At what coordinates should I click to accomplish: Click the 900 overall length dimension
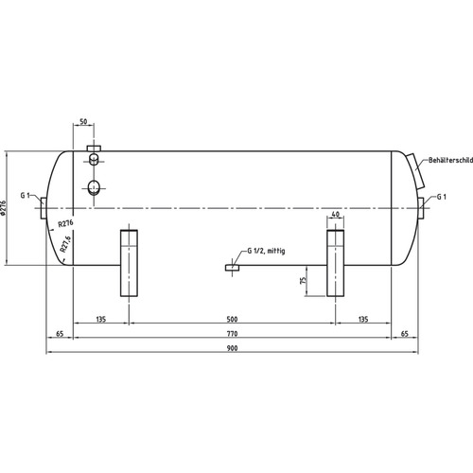click(x=232, y=348)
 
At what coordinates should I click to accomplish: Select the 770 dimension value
click(x=232, y=334)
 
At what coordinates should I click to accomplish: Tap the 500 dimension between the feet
click(x=232, y=319)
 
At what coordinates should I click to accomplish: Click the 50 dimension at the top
click(x=83, y=121)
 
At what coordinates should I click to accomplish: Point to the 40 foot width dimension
click(x=336, y=214)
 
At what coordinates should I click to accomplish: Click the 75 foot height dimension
click(x=303, y=280)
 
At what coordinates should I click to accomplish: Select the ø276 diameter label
click(x=4, y=208)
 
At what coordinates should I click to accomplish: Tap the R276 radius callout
click(x=65, y=223)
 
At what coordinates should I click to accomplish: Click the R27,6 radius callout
click(x=66, y=244)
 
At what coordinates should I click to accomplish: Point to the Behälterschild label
click(x=450, y=160)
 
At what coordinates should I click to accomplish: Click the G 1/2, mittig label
click(x=266, y=251)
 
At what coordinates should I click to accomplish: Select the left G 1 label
click(x=25, y=196)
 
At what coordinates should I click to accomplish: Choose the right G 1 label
click(x=442, y=197)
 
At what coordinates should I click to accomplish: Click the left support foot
click(x=129, y=263)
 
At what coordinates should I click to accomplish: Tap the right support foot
click(x=336, y=263)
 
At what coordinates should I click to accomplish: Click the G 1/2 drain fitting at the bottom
click(x=233, y=268)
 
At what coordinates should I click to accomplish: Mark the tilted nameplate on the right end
click(x=416, y=171)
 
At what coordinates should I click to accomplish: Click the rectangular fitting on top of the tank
click(x=94, y=149)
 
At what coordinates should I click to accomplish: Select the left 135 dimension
click(x=101, y=319)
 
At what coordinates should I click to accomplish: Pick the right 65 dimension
click(x=405, y=334)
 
